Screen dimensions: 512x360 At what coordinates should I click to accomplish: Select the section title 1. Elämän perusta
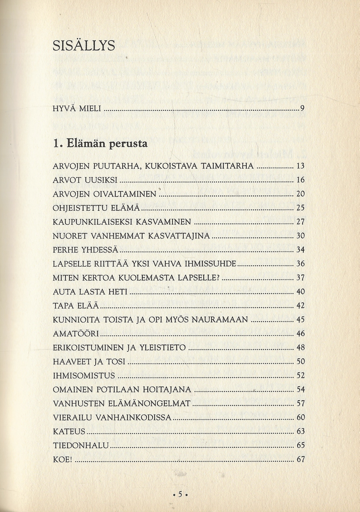coord(100,144)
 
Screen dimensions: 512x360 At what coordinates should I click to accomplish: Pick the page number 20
coord(300,194)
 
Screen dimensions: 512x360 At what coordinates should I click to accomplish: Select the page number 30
coord(300,236)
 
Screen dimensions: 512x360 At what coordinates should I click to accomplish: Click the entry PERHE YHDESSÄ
coord(86,250)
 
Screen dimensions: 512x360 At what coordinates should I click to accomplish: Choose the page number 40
coord(300,292)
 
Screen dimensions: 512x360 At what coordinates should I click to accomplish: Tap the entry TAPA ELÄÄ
coord(76,306)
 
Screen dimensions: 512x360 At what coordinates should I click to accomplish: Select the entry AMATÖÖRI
coord(76,334)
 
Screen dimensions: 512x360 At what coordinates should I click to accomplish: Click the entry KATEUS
coord(69,432)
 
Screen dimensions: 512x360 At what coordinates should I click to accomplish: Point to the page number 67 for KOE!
coord(300,459)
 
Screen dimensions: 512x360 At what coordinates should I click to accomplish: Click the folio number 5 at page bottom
coord(180,494)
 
